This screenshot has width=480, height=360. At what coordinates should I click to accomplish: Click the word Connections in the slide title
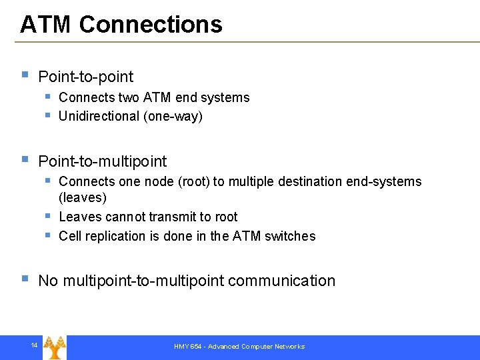(x=151, y=25)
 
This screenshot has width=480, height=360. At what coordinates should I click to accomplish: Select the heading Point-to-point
(x=86, y=77)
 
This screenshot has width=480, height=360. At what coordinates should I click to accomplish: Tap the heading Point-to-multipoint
(x=103, y=161)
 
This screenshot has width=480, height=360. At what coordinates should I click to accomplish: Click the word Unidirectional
(x=99, y=117)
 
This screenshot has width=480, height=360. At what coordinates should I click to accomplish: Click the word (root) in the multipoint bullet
(x=193, y=181)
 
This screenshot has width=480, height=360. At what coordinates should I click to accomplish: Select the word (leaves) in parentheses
(x=83, y=197)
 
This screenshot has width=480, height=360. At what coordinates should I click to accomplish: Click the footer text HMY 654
(x=189, y=347)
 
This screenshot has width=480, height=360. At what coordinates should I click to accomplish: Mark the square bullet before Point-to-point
(x=25, y=75)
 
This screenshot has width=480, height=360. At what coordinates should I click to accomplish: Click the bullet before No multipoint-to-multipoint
(x=25, y=279)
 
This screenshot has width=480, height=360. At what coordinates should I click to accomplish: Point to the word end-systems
(x=393, y=181)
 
